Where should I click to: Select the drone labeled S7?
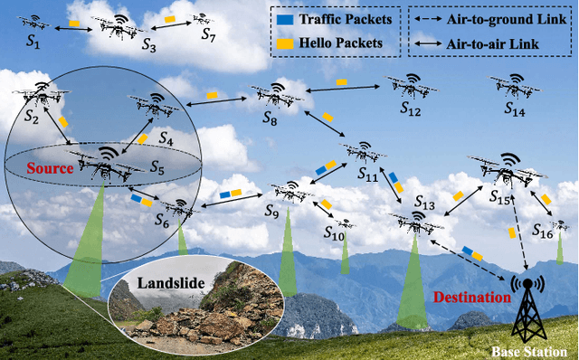204,18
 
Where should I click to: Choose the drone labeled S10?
341,223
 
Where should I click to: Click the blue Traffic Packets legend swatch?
286,17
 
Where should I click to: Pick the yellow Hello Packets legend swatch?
286,41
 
